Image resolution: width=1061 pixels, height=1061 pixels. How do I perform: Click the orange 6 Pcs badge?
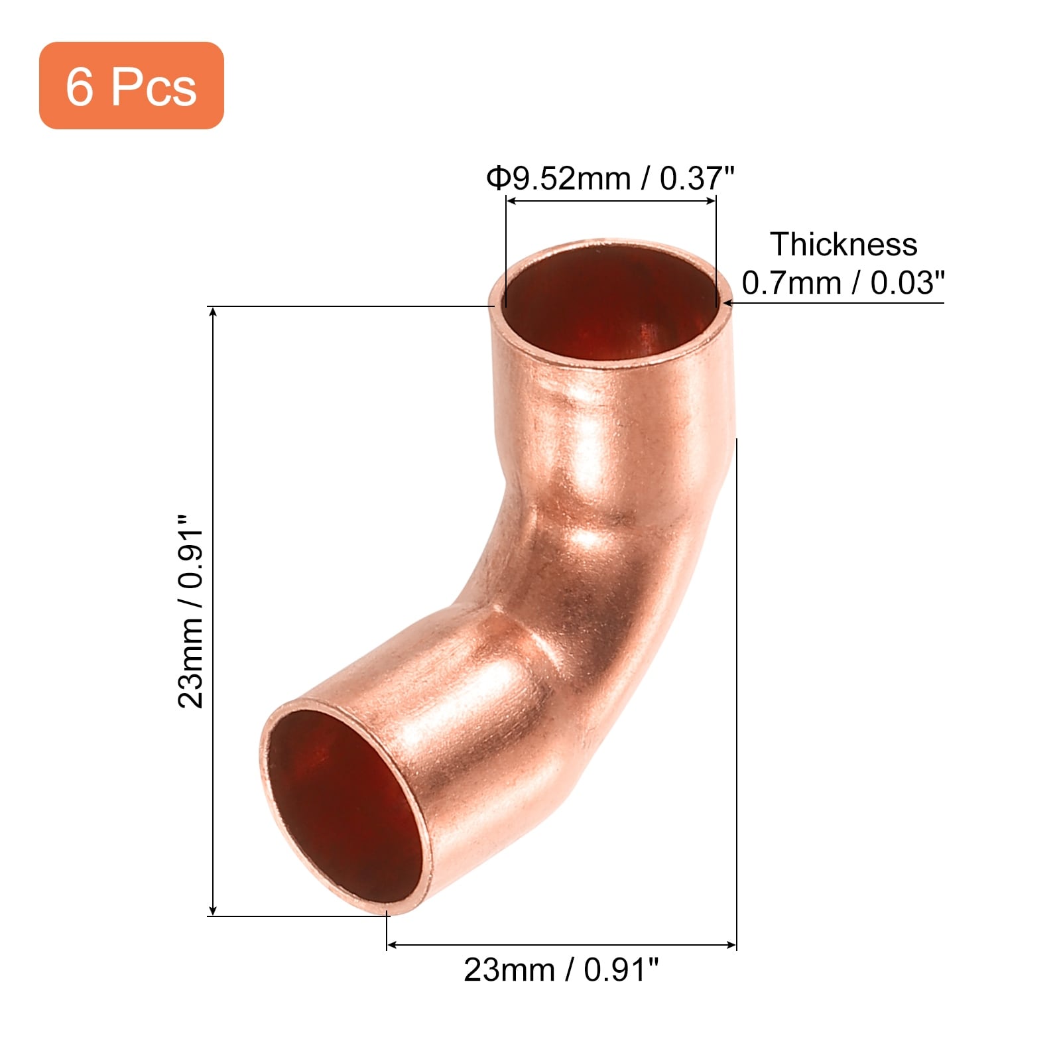pos(131,86)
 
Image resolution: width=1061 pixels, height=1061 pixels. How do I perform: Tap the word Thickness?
pos(843,244)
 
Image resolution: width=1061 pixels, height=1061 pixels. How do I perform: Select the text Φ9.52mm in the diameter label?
pos(558,178)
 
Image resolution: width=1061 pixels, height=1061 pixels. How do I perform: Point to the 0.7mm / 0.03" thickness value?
pos(843,283)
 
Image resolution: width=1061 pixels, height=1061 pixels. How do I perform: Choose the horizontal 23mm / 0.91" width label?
pos(562,970)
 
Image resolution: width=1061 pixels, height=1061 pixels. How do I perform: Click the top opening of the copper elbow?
pos(611,303)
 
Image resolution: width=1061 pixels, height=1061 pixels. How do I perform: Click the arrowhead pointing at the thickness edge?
pos(728,303)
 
